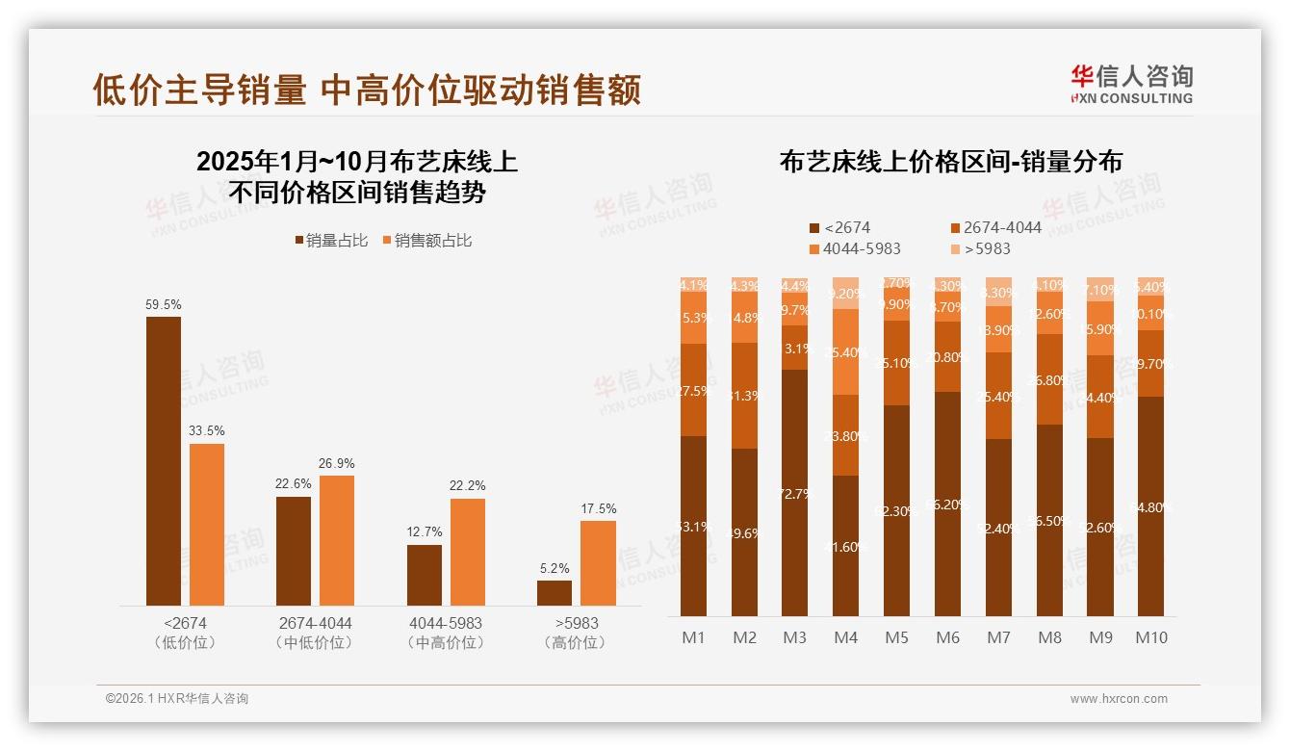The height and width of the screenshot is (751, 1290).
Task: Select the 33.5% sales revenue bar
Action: pos(207,524)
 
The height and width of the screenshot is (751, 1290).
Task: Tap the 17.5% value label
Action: pos(599,508)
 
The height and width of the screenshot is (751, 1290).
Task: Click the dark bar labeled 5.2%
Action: pos(555,593)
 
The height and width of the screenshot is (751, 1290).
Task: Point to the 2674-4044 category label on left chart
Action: pos(315,623)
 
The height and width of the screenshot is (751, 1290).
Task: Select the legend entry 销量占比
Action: pos(330,241)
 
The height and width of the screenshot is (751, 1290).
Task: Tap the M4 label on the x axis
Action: pos(845,637)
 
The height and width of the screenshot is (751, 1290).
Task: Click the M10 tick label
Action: pos(1150,637)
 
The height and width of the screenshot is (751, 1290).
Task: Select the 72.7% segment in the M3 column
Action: pos(795,493)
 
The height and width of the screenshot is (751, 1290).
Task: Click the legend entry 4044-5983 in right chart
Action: pos(856,248)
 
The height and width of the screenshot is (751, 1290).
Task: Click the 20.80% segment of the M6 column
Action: pos(947,356)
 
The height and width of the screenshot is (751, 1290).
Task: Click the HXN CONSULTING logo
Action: pos(1131,85)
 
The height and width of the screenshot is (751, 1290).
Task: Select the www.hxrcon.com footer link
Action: pos(1119,699)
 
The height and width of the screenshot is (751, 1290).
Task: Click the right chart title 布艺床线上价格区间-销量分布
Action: pos(951,161)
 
